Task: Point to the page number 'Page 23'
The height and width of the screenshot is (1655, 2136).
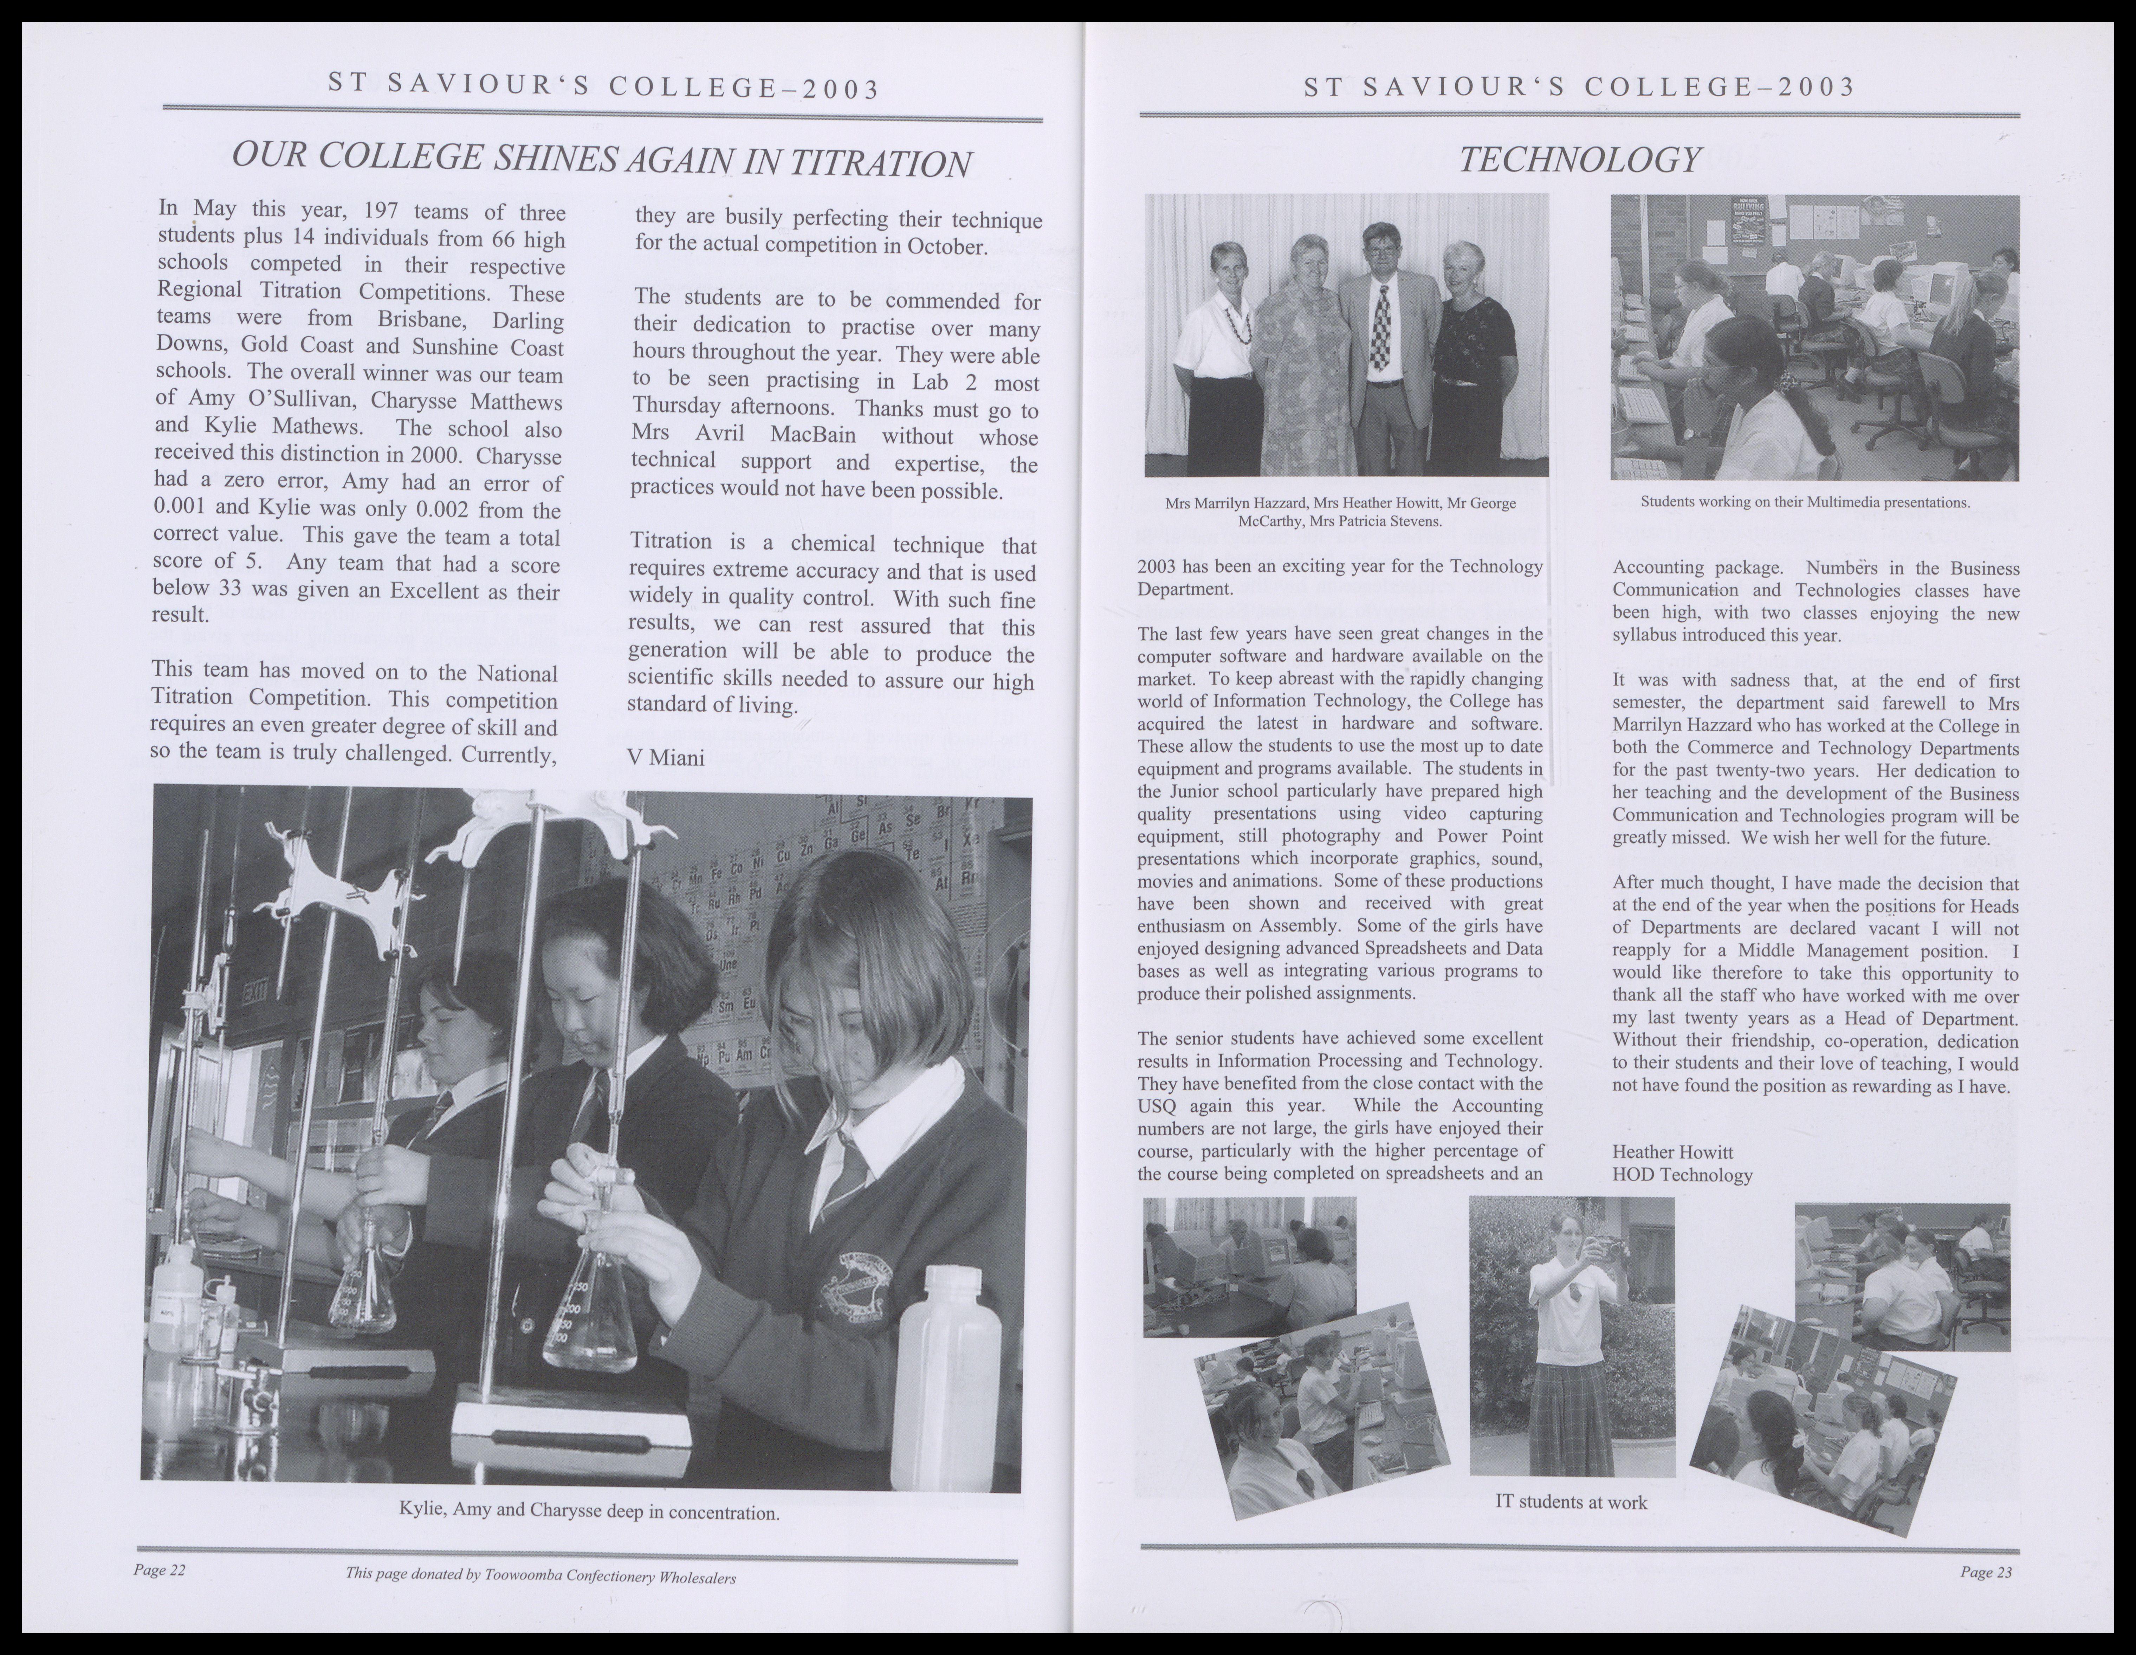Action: point(1985,1572)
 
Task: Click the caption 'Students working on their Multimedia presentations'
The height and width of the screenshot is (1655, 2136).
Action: point(1805,503)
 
